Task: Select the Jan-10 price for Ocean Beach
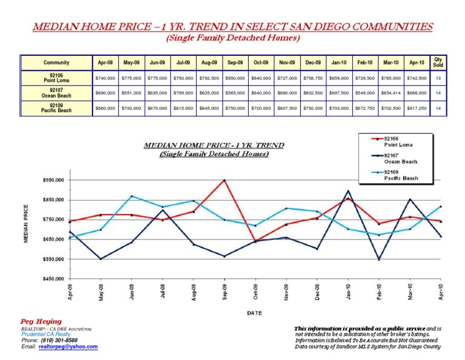point(339,93)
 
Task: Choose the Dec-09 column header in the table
point(313,62)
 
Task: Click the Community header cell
point(56,62)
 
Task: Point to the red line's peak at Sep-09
point(225,180)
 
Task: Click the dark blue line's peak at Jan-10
point(348,191)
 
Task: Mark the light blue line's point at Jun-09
point(132,196)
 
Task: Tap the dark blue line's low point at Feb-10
point(379,259)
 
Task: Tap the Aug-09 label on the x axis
point(194,292)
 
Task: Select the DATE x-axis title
point(254,313)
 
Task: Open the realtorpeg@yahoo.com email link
point(67,347)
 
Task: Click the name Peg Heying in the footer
point(37,321)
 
